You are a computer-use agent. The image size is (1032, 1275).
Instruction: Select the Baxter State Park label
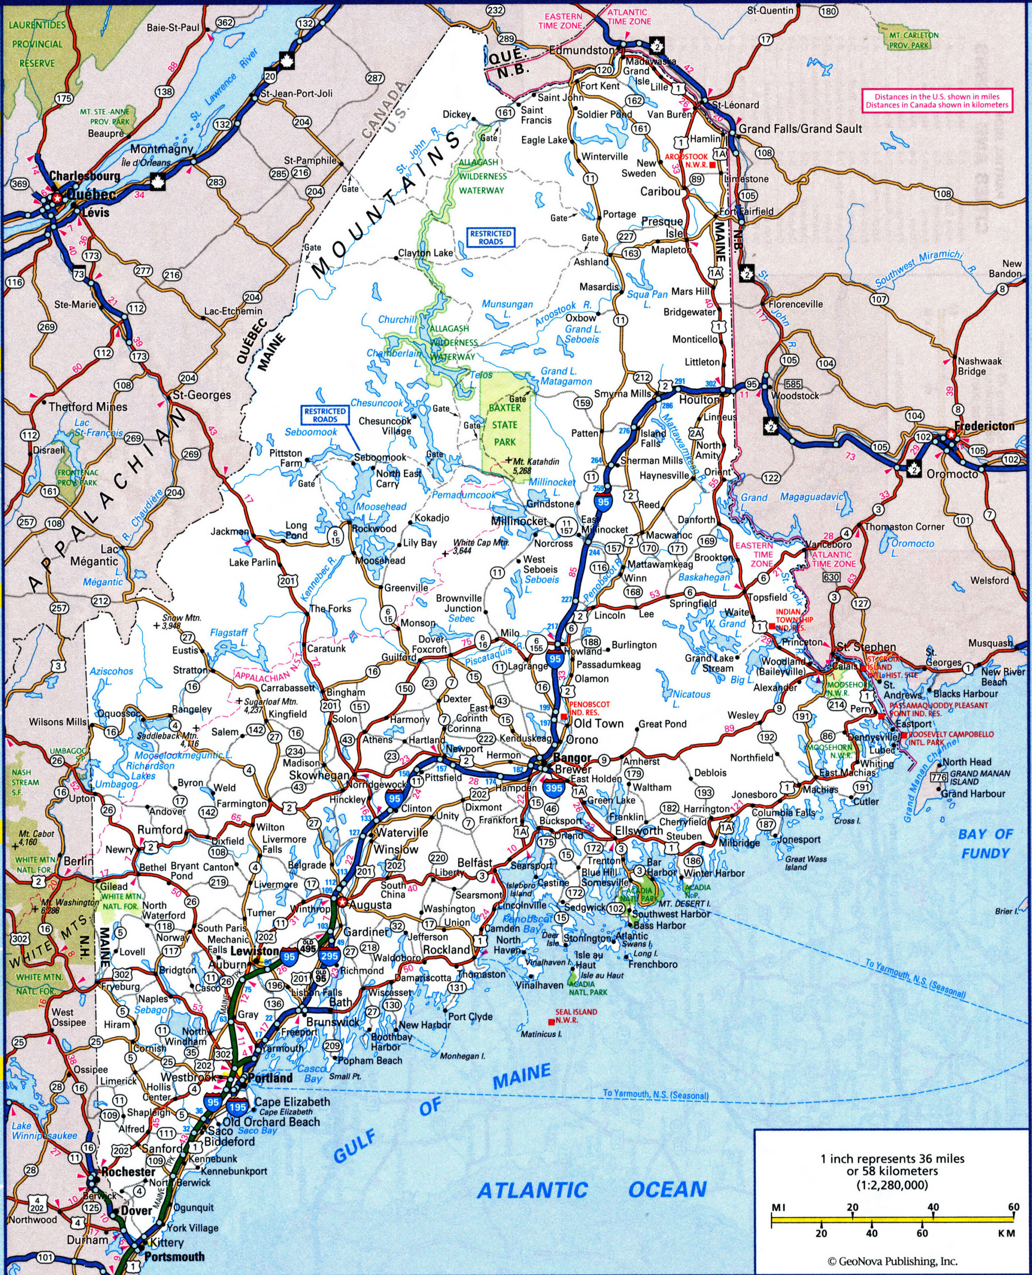coord(505,425)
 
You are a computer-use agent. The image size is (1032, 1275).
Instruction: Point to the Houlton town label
coord(699,400)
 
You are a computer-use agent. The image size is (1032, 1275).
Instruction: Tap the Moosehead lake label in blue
coord(381,506)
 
